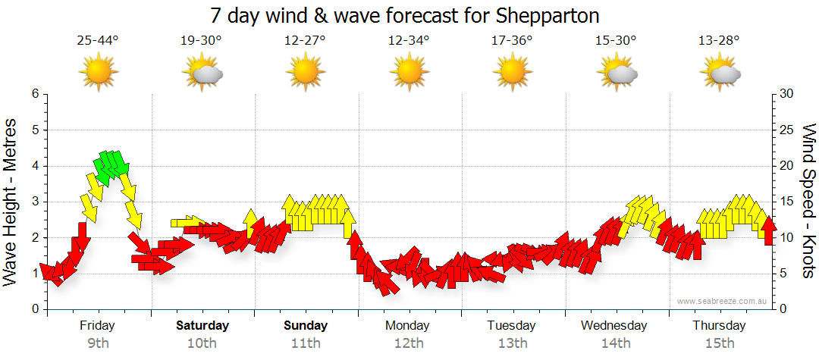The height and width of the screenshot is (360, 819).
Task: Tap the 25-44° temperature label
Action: pos(98,41)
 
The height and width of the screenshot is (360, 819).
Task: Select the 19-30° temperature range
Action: pos(201,41)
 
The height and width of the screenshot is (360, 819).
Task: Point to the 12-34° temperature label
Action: pos(409,41)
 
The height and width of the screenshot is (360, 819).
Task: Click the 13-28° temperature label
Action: pos(719,41)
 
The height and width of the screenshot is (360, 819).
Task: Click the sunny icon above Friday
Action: pos(99,73)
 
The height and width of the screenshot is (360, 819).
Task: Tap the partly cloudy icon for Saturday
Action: pos(202,73)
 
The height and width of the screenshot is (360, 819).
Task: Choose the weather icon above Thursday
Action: pos(720,73)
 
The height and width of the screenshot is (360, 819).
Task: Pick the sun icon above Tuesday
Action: pos(513,73)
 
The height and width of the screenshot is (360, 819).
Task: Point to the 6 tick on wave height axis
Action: pos(34,94)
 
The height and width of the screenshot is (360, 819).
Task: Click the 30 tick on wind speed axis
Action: pos(786,94)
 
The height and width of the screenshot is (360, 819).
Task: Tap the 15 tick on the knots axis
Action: pos(786,202)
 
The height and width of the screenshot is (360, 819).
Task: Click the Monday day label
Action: pos(407,326)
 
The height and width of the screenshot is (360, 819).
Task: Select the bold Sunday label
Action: pos(306,326)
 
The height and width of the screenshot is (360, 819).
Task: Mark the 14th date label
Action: pos(616,343)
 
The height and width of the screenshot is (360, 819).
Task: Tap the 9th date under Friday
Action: pos(98,343)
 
